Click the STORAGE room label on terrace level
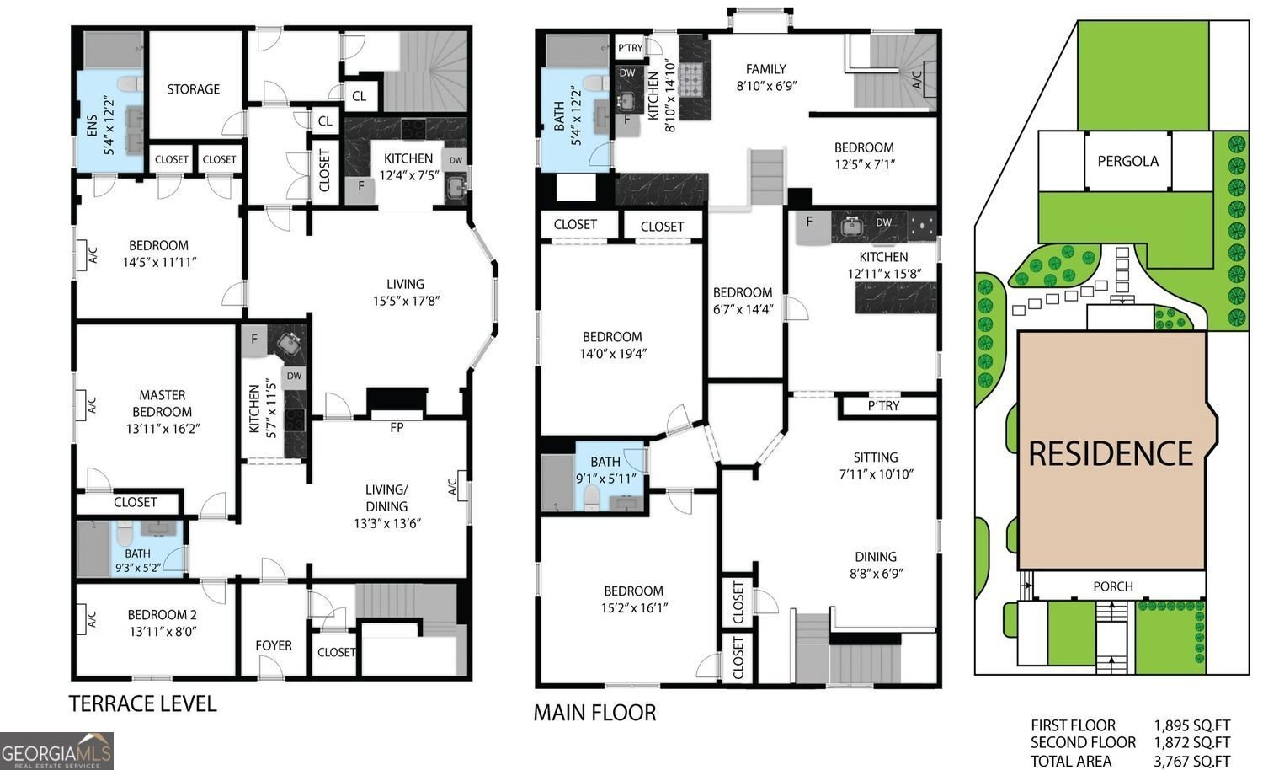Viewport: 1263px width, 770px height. tap(193, 89)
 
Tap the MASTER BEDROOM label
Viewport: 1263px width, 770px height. tap(162, 403)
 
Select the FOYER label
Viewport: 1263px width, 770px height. tap(274, 645)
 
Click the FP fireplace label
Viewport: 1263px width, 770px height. tap(397, 428)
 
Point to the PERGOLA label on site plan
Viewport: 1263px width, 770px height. tap(1127, 161)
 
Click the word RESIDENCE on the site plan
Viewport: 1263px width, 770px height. tap(1111, 453)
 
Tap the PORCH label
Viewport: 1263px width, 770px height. tap(1112, 586)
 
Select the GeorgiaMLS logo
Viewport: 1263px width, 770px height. tap(56, 750)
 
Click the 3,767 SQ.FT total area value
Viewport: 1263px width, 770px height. tap(1191, 761)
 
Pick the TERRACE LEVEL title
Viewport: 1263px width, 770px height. tap(142, 703)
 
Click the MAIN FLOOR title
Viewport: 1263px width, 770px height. tap(594, 713)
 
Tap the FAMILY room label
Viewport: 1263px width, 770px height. tap(765, 69)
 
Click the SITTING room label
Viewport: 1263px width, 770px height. tap(875, 457)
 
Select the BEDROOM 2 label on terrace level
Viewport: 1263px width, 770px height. tap(162, 615)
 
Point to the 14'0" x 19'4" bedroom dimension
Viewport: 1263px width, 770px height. tap(611, 354)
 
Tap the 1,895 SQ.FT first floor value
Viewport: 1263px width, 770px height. tap(1191, 725)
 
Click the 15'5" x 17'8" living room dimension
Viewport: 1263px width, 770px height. tap(405, 301)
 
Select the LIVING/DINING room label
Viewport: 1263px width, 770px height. tap(386, 498)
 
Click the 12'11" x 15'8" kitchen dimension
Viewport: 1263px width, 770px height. tap(883, 274)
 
